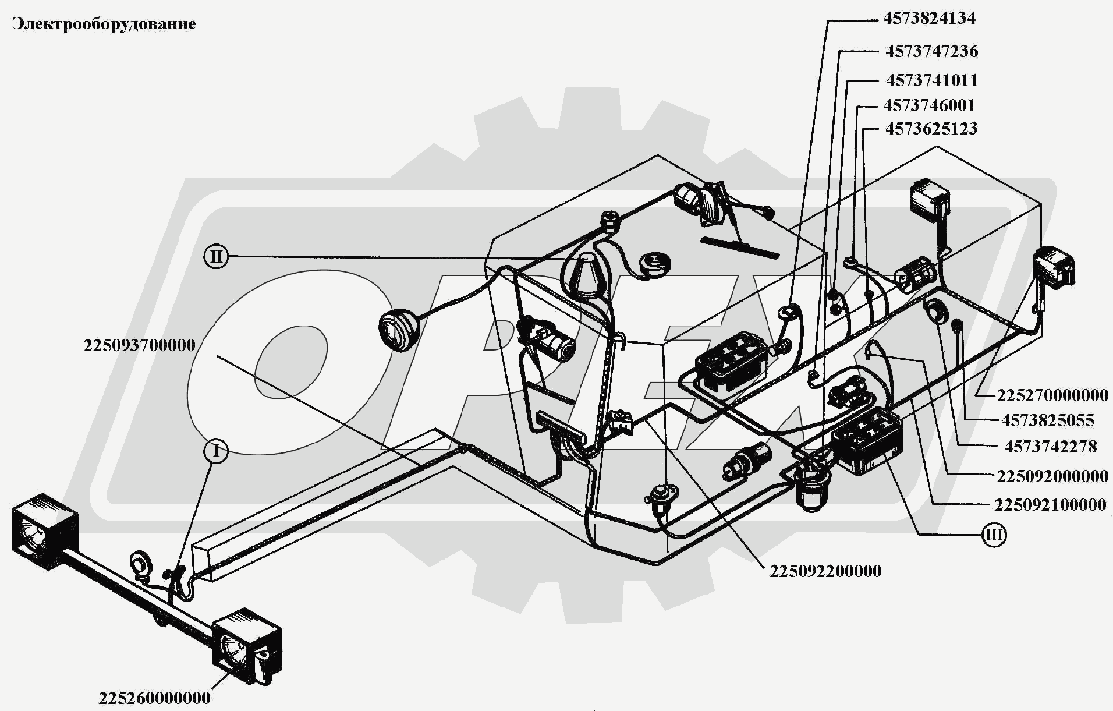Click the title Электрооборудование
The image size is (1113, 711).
(x=104, y=24)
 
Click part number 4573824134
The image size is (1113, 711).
(x=929, y=19)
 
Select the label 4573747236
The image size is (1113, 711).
(x=931, y=51)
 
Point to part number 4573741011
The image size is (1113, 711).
(x=931, y=80)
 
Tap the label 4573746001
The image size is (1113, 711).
(x=928, y=105)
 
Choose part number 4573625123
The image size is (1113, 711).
(x=931, y=129)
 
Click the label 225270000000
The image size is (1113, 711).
(x=1052, y=395)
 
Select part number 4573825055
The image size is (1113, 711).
(x=1048, y=420)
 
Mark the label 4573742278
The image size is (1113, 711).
(x=1050, y=447)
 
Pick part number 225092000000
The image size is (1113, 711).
(x=1052, y=476)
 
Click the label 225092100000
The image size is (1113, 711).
(x=1050, y=504)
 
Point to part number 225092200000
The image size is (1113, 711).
(x=825, y=571)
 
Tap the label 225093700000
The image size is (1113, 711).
(x=139, y=345)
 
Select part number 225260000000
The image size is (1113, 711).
(x=154, y=698)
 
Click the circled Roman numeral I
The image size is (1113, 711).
(x=216, y=451)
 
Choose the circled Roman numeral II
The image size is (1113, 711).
(x=216, y=256)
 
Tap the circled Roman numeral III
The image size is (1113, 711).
(x=994, y=535)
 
